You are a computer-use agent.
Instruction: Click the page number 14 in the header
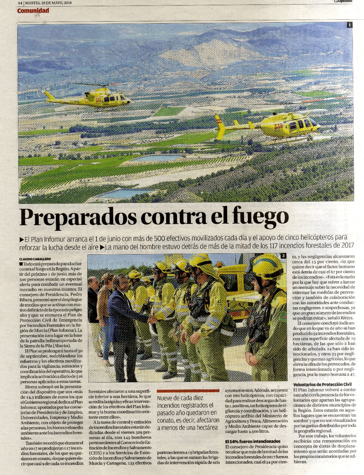(x=20, y=3)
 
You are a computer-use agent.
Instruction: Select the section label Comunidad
(x=33, y=11)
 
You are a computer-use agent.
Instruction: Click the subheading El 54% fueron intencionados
(x=253, y=441)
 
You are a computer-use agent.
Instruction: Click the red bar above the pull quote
(x=188, y=391)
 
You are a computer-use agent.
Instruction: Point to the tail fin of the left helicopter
(x=49, y=95)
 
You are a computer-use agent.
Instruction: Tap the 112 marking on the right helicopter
(x=278, y=126)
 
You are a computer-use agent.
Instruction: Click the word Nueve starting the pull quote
(x=167, y=398)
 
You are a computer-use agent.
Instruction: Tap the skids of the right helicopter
(x=289, y=140)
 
